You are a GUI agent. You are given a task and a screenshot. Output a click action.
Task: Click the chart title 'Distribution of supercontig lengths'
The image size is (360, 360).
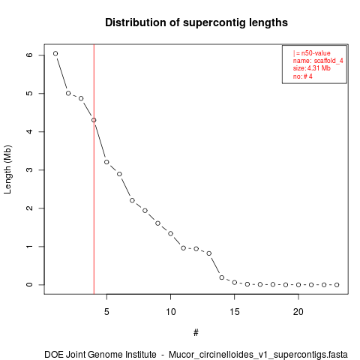(x=196, y=22)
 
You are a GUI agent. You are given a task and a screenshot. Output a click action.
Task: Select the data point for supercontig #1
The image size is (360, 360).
(x=55, y=53)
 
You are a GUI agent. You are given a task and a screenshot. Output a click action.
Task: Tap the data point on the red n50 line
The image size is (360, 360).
(x=94, y=120)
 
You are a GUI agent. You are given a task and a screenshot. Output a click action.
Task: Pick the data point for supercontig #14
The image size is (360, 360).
(x=222, y=277)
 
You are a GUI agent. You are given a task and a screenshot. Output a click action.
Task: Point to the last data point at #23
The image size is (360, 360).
(x=337, y=285)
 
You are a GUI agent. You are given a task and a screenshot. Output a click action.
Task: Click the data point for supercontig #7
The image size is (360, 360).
(x=132, y=200)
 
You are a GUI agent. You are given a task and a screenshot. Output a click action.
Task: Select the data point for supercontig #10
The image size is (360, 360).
(x=170, y=233)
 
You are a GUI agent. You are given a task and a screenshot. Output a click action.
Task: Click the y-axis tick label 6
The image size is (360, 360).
(x=29, y=55)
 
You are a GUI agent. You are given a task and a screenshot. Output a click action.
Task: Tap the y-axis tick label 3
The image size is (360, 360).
(x=29, y=169)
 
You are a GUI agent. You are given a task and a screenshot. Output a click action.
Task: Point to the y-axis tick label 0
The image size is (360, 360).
(x=29, y=285)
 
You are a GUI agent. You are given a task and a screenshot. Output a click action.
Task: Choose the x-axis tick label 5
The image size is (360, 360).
(x=106, y=312)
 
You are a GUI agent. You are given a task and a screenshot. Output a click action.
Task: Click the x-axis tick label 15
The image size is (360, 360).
(x=235, y=312)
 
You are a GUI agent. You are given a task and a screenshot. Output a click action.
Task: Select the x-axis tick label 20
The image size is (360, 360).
(x=298, y=312)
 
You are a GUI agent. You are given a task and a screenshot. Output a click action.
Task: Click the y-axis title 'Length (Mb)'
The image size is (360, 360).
(x=7, y=169)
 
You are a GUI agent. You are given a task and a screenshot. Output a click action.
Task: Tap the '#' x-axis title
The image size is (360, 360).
(x=196, y=333)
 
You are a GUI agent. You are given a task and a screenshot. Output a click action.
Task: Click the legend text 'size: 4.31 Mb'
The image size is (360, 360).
(x=312, y=68)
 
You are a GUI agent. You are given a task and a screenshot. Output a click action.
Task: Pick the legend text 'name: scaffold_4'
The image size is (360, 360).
(x=318, y=61)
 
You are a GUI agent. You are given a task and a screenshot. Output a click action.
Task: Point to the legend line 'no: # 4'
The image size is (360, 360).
(x=303, y=76)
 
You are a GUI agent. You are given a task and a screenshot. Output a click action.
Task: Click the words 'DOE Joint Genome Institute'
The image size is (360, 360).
(x=100, y=355)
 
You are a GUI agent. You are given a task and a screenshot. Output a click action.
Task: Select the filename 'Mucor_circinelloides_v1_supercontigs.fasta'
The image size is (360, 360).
(x=258, y=355)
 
